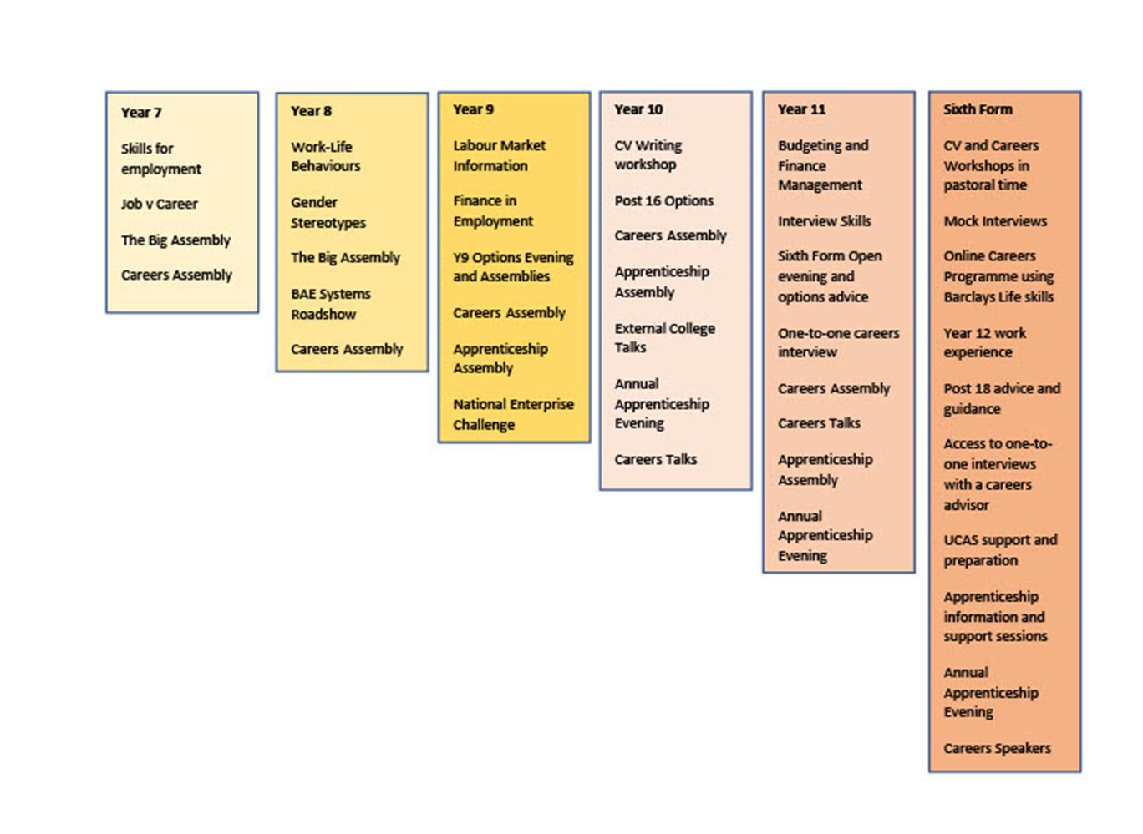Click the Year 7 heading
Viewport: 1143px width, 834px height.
click(x=141, y=113)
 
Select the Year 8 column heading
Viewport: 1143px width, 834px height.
click(x=312, y=111)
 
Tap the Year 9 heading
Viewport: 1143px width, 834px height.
click(x=474, y=109)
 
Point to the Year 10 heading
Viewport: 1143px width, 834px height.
click(x=638, y=109)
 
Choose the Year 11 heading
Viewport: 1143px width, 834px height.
click(x=801, y=109)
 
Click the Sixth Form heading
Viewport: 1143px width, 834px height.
click(x=978, y=109)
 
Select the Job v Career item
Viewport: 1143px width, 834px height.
click(x=160, y=204)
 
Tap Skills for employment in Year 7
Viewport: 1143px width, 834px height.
click(x=161, y=159)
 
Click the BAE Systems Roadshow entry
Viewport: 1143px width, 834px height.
click(x=331, y=304)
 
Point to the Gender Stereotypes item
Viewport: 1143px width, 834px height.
click(x=328, y=213)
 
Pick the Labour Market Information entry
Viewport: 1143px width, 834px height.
click(x=500, y=155)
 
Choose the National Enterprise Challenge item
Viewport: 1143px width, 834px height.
click(x=513, y=414)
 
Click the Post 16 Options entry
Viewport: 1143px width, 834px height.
click(x=664, y=201)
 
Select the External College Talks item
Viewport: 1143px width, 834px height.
click(x=665, y=338)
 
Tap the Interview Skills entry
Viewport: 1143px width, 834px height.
click(x=824, y=221)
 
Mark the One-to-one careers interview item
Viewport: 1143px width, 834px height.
click(x=838, y=342)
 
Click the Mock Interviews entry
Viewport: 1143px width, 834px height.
click(x=995, y=221)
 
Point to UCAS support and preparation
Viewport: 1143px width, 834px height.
click(x=1000, y=550)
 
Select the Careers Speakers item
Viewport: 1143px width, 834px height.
click(x=997, y=748)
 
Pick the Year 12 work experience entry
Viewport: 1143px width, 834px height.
click(x=984, y=342)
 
